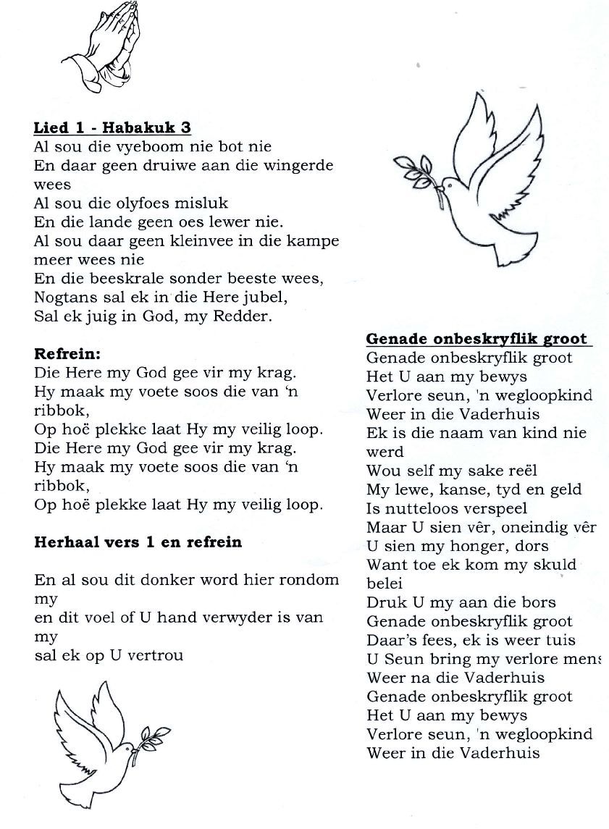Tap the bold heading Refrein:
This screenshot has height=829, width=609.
coord(67,355)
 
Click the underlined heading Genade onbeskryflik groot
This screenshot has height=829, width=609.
coord(476,339)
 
